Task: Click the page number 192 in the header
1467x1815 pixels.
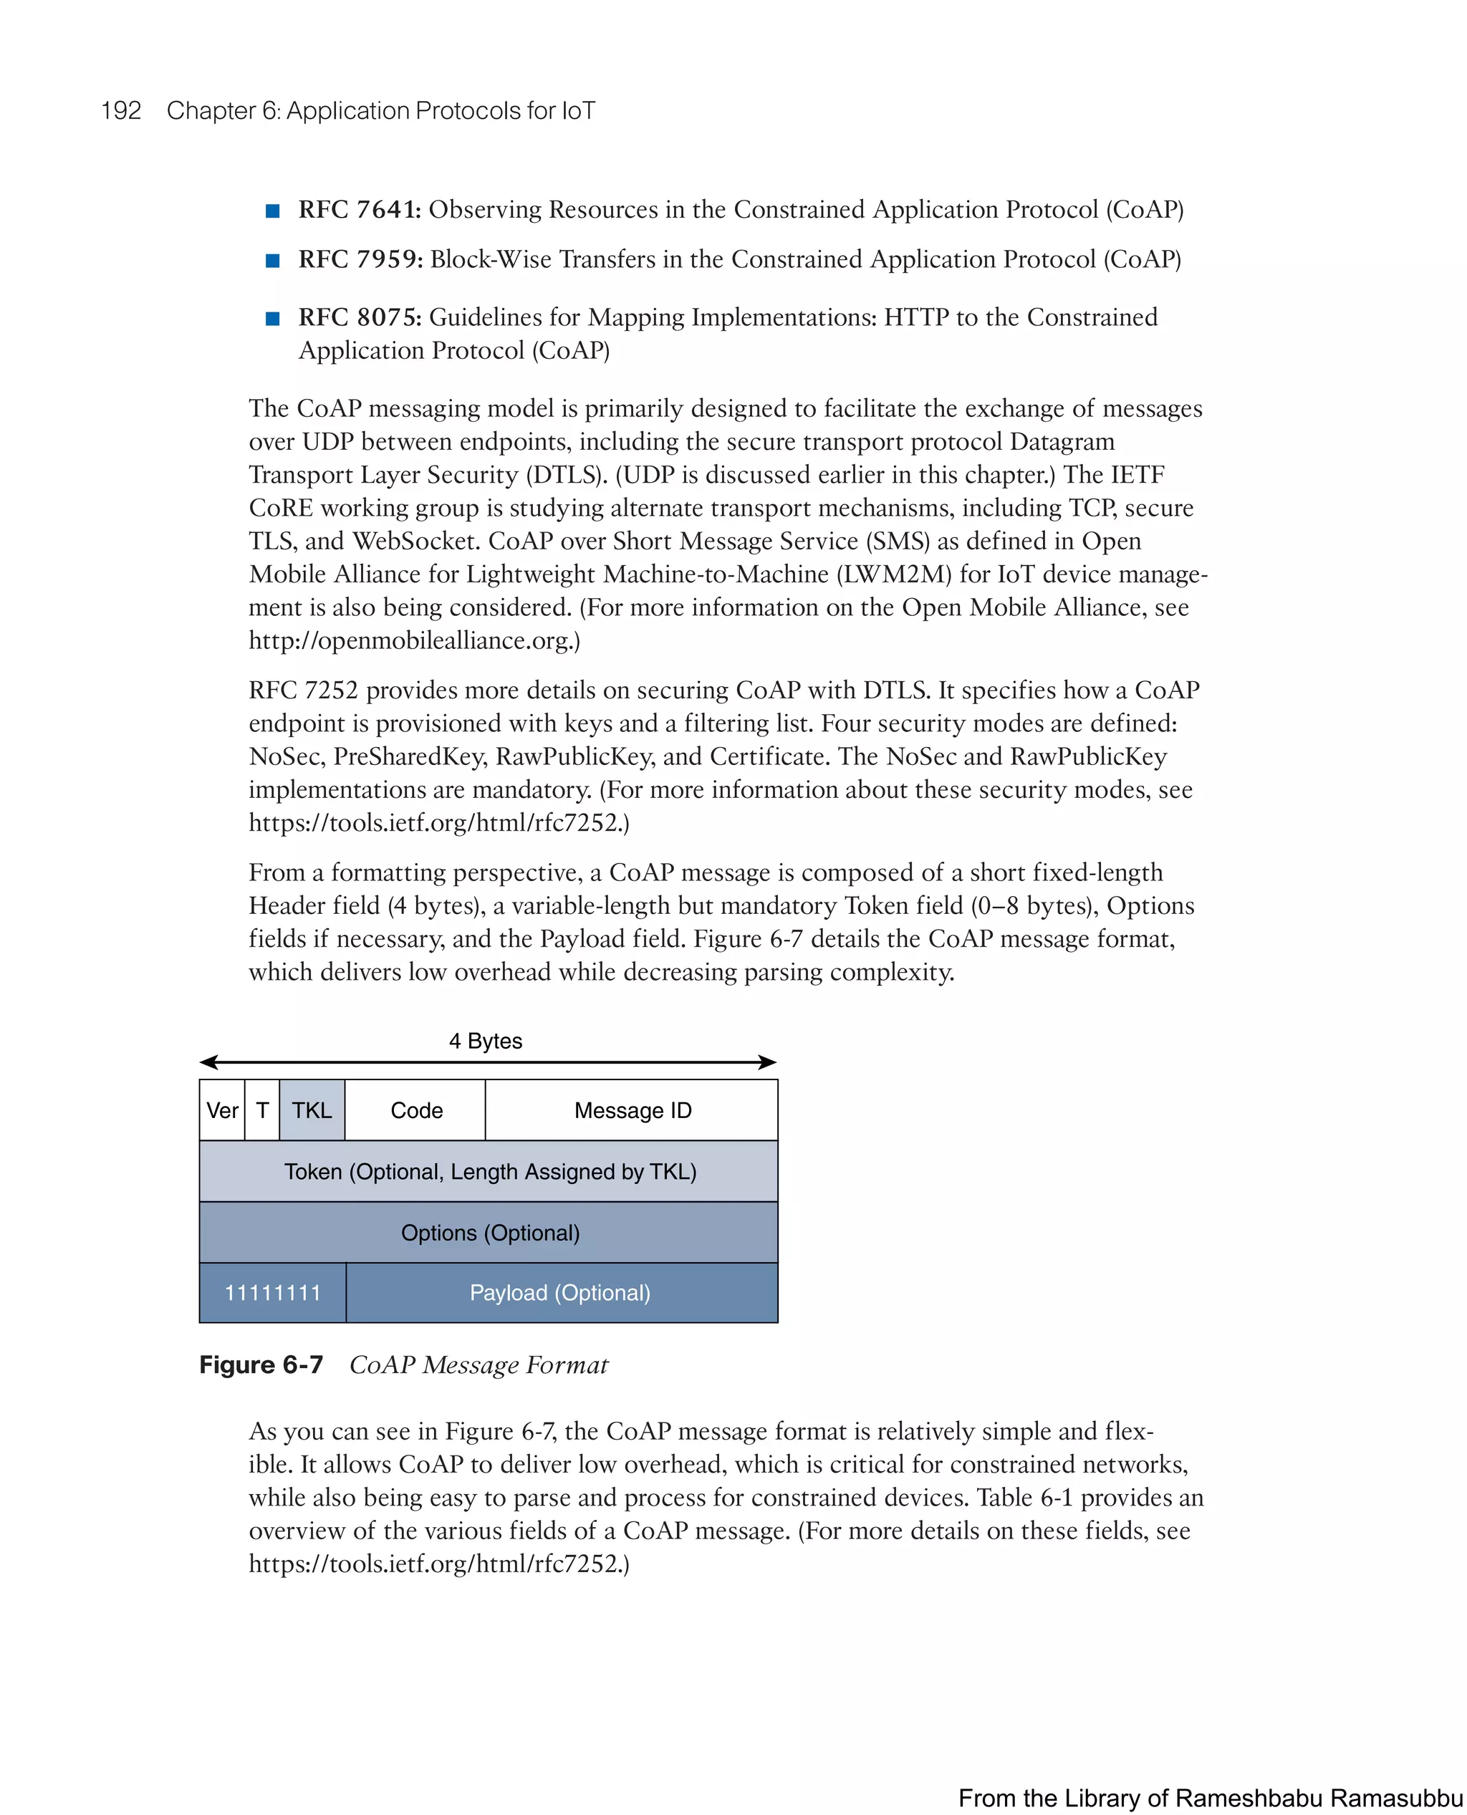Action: coord(121,111)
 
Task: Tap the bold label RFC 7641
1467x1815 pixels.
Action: coord(359,210)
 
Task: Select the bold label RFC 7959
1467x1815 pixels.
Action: coord(360,259)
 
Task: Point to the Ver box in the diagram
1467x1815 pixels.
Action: coord(222,1110)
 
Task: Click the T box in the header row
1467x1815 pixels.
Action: coord(262,1110)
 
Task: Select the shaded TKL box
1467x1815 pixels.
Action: coord(312,1110)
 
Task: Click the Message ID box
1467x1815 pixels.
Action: coord(632,1110)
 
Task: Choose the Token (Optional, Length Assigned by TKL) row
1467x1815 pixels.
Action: coord(489,1172)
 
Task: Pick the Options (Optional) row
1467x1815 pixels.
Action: coord(489,1233)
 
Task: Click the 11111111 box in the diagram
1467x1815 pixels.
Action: coord(272,1293)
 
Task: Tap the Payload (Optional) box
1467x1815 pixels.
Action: coord(560,1293)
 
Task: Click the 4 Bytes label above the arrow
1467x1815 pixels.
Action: coord(485,1041)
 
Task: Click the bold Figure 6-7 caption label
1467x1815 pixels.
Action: coord(261,1365)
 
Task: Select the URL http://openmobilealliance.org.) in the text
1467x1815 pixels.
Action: coord(414,640)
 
